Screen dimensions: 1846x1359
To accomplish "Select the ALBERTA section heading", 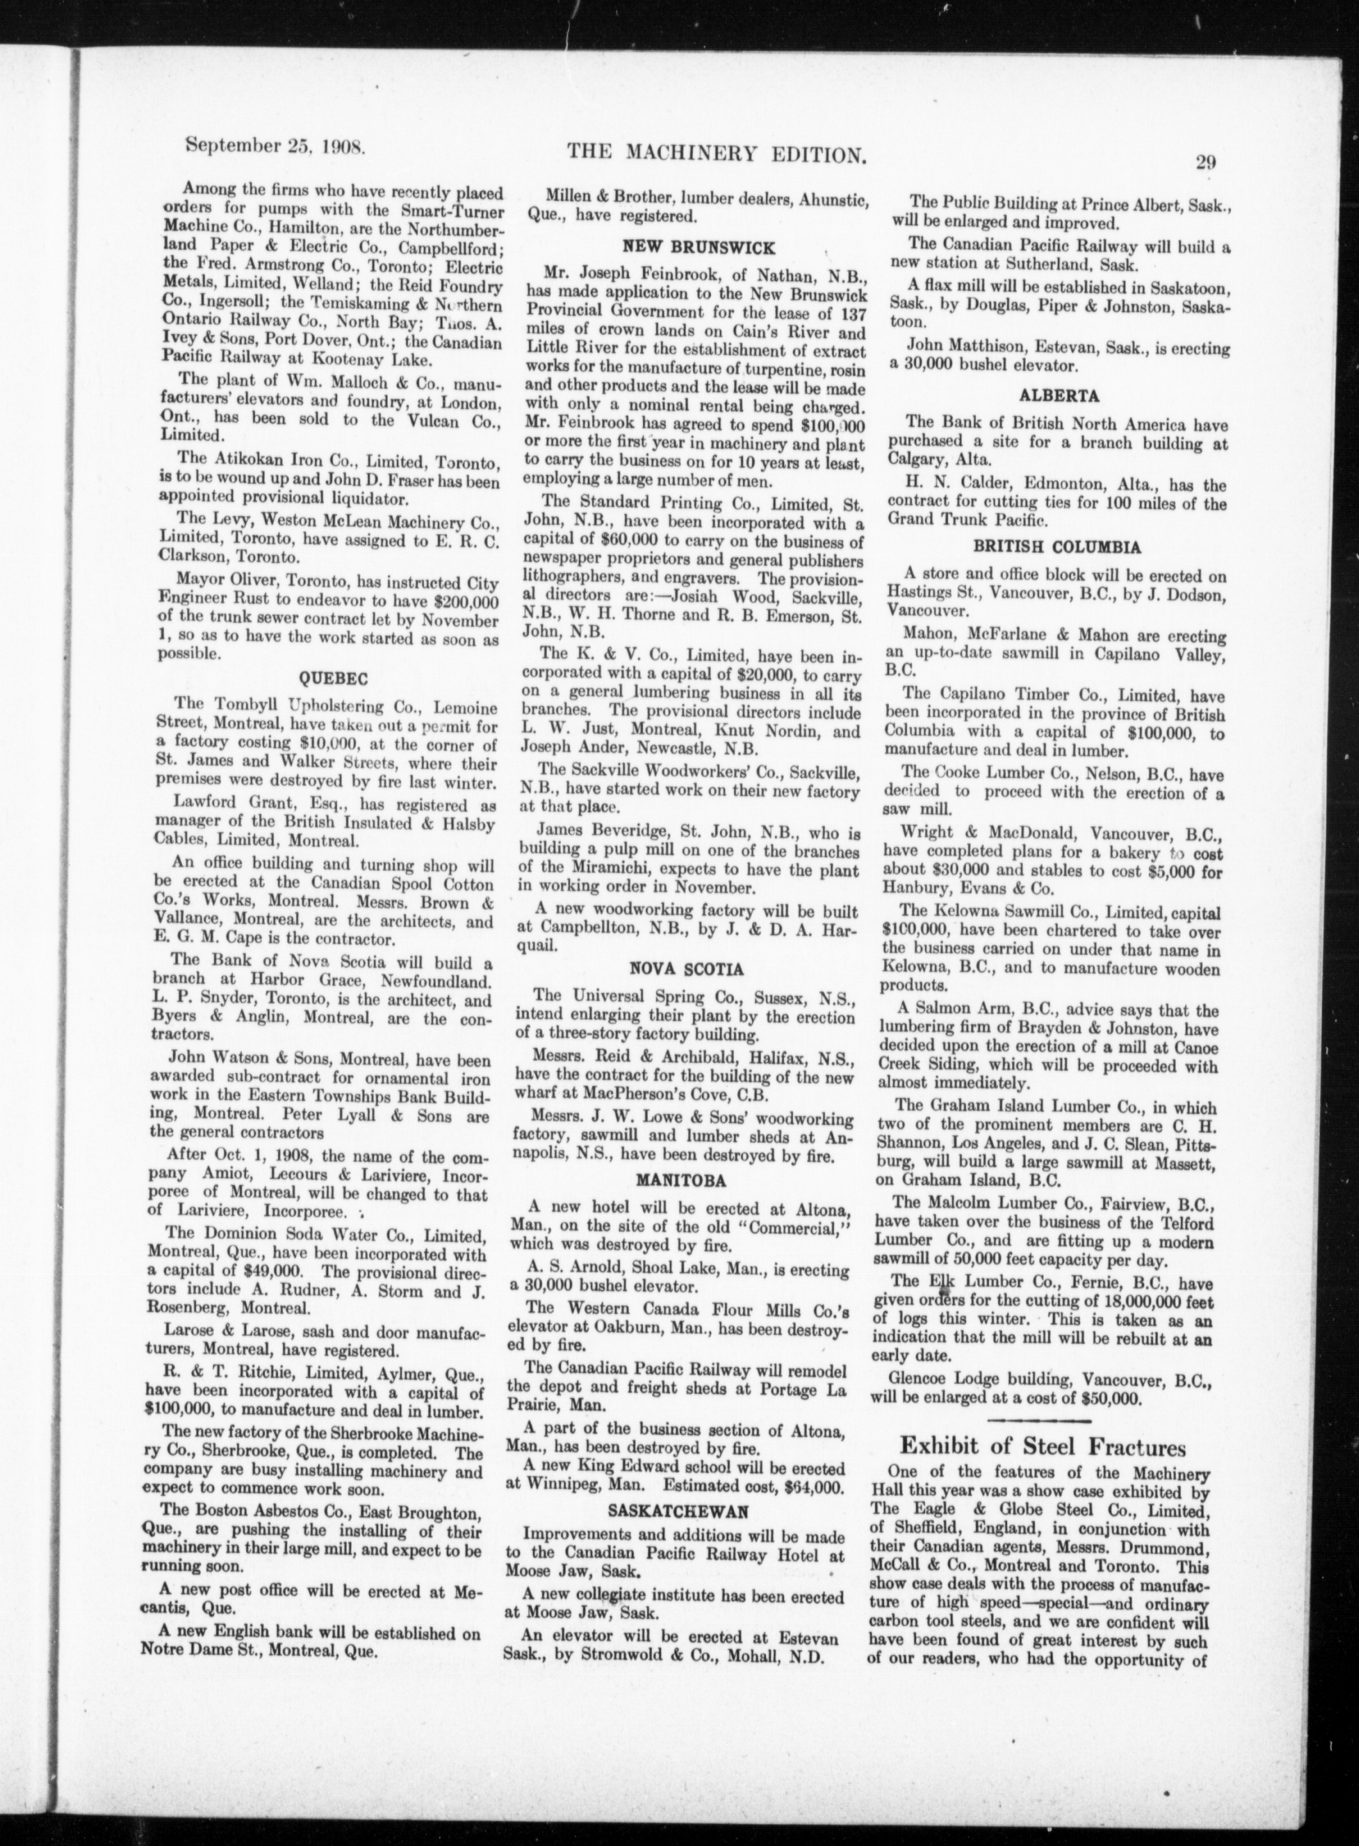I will point(1059,395).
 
